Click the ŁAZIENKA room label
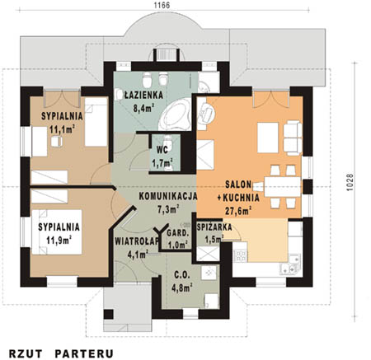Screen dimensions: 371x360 click(x=143, y=95)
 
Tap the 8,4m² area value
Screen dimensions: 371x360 click(x=143, y=108)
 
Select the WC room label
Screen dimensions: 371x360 click(x=162, y=150)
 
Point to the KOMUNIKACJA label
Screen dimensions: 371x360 click(x=168, y=196)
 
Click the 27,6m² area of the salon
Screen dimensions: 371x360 click(x=238, y=210)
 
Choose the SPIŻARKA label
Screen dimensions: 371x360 click(x=214, y=227)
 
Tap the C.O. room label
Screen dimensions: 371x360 click(x=182, y=274)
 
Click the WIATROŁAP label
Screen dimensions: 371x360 click(x=137, y=241)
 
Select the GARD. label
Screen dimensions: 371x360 click(x=178, y=234)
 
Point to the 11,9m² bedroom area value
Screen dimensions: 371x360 click(x=59, y=241)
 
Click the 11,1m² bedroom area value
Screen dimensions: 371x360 click(x=63, y=129)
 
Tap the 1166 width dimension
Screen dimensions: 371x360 click(x=162, y=5)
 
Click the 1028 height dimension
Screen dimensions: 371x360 click(x=349, y=182)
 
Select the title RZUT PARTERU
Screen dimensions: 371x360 click(x=61, y=353)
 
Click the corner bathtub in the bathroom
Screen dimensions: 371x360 click(x=176, y=115)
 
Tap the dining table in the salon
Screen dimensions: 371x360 click(x=282, y=187)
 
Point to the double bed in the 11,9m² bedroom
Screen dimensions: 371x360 click(x=57, y=232)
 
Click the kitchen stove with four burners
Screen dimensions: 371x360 click(x=240, y=255)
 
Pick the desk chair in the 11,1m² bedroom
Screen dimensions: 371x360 click(x=57, y=142)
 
